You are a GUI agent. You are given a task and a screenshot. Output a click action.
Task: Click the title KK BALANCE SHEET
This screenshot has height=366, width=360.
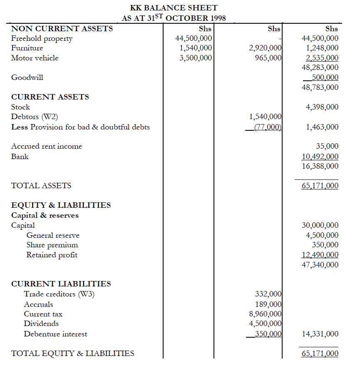174,8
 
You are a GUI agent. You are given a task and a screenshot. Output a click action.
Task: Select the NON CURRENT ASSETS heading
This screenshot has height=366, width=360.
62,29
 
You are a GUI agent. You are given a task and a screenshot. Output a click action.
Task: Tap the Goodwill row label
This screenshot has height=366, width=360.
27,77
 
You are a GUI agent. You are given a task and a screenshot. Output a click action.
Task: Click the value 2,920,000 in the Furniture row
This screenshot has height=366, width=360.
265,48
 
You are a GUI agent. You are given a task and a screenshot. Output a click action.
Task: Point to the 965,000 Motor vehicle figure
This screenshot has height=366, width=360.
268,58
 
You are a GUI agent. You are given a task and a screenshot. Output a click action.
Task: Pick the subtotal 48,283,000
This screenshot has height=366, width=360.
320,67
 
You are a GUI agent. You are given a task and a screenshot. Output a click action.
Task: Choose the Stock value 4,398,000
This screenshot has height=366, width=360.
322,107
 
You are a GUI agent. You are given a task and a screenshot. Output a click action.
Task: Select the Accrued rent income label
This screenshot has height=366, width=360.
47,146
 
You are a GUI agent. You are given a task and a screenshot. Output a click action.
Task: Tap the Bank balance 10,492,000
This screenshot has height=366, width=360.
320,157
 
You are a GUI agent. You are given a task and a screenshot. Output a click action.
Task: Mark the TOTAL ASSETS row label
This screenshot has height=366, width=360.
41,186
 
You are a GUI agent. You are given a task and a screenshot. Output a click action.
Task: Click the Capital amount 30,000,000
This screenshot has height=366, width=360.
320,225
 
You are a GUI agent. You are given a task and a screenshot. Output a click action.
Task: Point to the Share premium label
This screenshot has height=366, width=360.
52,245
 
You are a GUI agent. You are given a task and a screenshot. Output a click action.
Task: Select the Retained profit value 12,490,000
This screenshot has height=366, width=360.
320,255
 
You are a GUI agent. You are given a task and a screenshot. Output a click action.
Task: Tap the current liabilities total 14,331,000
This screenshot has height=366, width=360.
320,334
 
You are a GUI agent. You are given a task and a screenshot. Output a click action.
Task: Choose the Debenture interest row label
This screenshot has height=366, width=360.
55,334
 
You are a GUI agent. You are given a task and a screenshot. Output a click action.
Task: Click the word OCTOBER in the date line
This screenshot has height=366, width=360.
187,18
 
